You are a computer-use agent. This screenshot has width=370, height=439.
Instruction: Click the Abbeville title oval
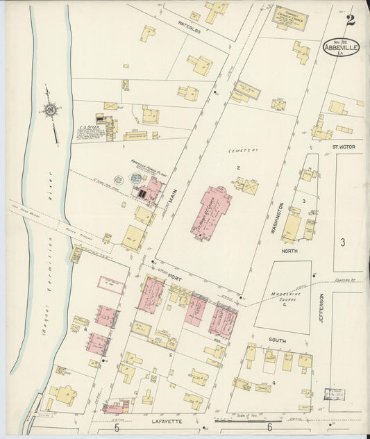click(x=341, y=47)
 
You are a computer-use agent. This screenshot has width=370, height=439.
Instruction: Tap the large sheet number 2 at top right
click(x=351, y=19)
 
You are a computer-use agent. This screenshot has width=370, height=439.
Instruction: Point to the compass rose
click(x=50, y=110)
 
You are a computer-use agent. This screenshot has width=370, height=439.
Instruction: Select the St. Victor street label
click(x=342, y=147)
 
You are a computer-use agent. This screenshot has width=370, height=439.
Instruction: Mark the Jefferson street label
click(x=321, y=306)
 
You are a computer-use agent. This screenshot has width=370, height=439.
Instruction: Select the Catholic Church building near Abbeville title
click(x=285, y=17)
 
